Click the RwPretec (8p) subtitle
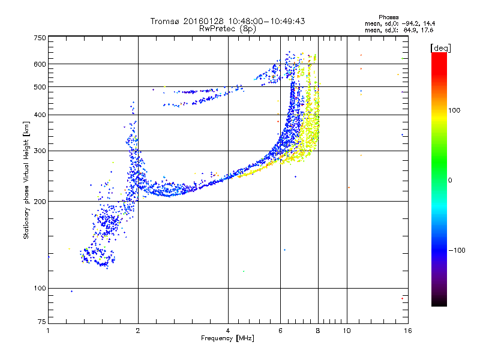(x=228, y=28)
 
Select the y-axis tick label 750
(x=39, y=38)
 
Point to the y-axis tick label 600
(x=39, y=64)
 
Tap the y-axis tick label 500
(x=39, y=87)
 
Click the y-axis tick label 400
(x=39, y=115)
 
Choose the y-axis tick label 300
(x=39, y=151)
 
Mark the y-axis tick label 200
(x=39, y=202)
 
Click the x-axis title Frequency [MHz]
(x=227, y=339)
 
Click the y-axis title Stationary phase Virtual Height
(x=26, y=180)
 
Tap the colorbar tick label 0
(x=450, y=180)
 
